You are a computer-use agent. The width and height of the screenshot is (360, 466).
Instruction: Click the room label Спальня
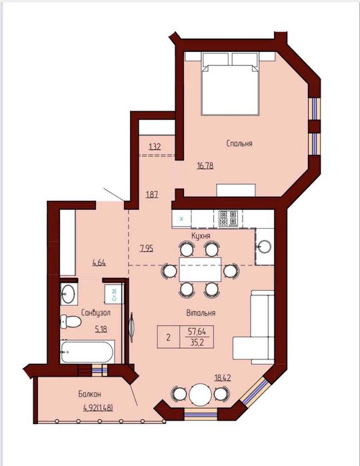(x=239, y=143)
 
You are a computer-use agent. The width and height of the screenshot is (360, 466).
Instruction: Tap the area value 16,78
(x=205, y=165)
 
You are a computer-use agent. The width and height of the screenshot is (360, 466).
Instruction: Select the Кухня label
(x=201, y=236)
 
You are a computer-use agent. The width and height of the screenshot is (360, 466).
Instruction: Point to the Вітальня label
(x=201, y=313)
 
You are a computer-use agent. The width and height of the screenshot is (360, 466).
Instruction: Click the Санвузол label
(x=96, y=313)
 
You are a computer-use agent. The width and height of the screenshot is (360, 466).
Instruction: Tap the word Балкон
(x=89, y=394)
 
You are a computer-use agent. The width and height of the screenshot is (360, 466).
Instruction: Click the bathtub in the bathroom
(x=87, y=352)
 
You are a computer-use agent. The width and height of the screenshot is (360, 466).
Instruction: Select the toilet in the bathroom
(x=71, y=321)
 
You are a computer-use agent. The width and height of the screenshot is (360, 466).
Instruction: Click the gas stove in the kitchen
(x=229, y=219)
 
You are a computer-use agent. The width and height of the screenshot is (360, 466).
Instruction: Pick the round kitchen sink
(x=264, y=246)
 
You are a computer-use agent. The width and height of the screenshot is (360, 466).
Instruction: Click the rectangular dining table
(x=200, y=269)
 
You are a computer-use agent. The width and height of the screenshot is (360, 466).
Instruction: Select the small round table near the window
(x=201, y=395)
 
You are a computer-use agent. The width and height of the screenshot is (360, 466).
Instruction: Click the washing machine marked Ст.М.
(x=114, y=293)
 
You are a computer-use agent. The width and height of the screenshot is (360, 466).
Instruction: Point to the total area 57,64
(x=197, y=331)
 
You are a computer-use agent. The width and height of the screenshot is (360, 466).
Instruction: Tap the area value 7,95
(x=147, y=248)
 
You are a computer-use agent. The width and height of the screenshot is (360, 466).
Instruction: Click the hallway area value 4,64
(x=99, y=263)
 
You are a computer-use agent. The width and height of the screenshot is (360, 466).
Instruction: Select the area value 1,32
(x=155, y=147)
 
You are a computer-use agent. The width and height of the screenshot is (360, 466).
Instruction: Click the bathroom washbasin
(x=69, y=294)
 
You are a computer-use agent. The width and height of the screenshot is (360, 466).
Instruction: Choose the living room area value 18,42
(x=223, y=378)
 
